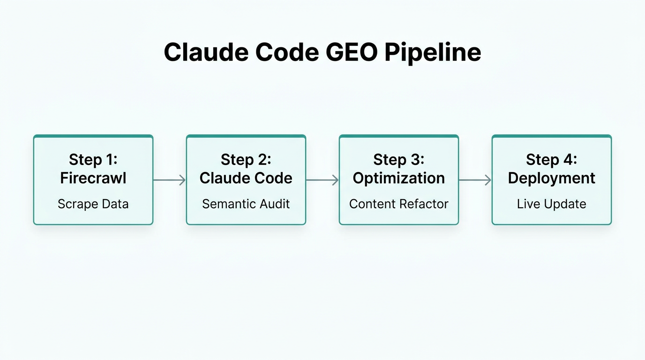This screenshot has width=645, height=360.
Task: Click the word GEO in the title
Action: (x=351, y=52)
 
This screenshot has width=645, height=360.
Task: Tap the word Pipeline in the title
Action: (x=432, y=52)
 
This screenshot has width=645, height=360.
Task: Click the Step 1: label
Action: (x=93, y=159)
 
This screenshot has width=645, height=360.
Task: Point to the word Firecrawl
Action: (x=93, y=178)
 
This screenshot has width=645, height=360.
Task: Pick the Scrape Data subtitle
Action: (x=93, y=204)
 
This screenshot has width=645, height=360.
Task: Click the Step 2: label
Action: (x=246, y=159)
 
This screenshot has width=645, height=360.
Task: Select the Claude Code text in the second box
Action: (x=246, y=178)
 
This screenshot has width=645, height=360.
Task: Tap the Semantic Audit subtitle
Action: (x=246, y=204)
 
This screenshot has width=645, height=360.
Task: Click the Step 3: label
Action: (x=399, y=159)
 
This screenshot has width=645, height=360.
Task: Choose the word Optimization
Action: (x=399, y=178)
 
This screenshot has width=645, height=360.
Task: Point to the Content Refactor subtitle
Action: (x=399, y=204)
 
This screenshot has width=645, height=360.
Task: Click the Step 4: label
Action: (x=552, y=159)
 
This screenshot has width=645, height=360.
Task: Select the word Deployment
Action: (x=552, y=178)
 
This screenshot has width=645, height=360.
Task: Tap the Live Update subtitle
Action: (x=552, y=204)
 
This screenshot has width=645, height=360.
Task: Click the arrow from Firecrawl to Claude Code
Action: (x=170, y=180)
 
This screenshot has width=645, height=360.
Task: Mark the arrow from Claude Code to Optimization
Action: (x=322, y=180)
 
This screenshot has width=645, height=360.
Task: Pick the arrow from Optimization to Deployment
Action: (x=475, y=180)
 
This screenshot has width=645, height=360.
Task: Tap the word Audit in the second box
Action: (x=275, y=204)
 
